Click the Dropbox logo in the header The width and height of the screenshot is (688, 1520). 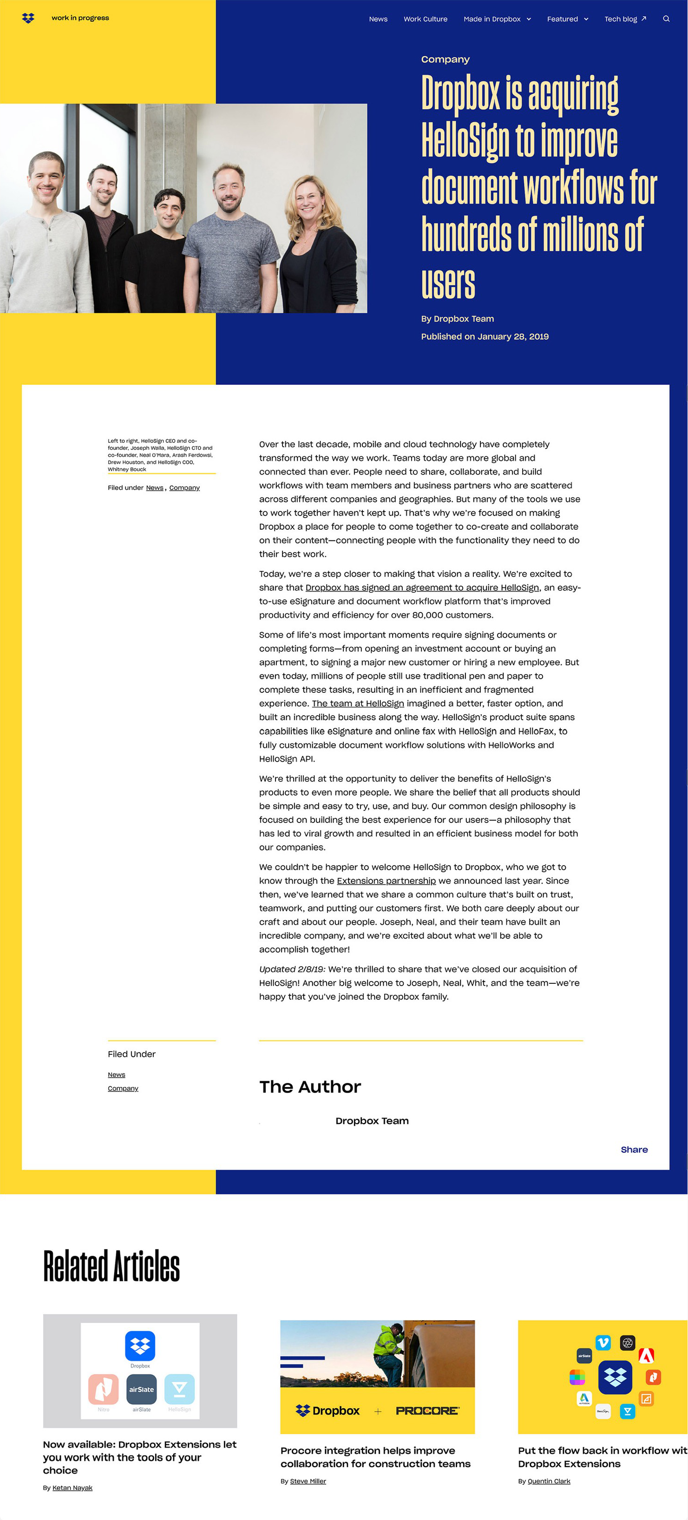click(x=28, y=18)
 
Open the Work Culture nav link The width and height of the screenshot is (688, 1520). click(x=425, y=19)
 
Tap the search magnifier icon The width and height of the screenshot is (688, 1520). click(x=666, y=19)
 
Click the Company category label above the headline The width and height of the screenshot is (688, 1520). click(x=445, y=59)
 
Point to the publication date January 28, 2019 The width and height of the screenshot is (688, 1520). click(x=512, y=336)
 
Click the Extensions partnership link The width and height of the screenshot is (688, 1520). click(x=386, y=881)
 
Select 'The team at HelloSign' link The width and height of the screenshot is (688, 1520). click(x=358, y=704)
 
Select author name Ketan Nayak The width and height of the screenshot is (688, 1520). click(x=72, y=1487)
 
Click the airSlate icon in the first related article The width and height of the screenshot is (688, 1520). click(x=141, y=1389)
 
